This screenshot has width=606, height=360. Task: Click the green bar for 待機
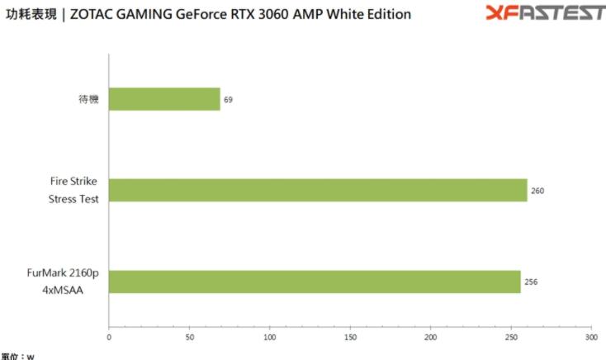click(x=164, y=99)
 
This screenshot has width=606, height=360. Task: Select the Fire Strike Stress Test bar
click(x=318, y=190)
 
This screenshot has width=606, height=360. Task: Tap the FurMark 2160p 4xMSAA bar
click(x=315, y=282)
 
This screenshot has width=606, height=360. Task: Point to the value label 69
click(x=228, y=99)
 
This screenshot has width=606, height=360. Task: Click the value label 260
click(x=537, y=191)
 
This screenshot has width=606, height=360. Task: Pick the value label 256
click(x=531, y=282)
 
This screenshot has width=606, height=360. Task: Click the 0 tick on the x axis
click(x=109, y=337)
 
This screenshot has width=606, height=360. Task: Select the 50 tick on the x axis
click(x=189, y=337)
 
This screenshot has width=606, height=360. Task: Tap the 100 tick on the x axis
click(x=270, y=337)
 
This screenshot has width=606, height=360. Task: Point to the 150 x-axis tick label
click(x=350, y=337)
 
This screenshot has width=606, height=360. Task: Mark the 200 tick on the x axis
click(x=430, y=337)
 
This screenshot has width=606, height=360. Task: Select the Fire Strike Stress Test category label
click(x=74, y=190)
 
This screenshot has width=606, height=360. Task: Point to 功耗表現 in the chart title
click(x=31, y=14)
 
